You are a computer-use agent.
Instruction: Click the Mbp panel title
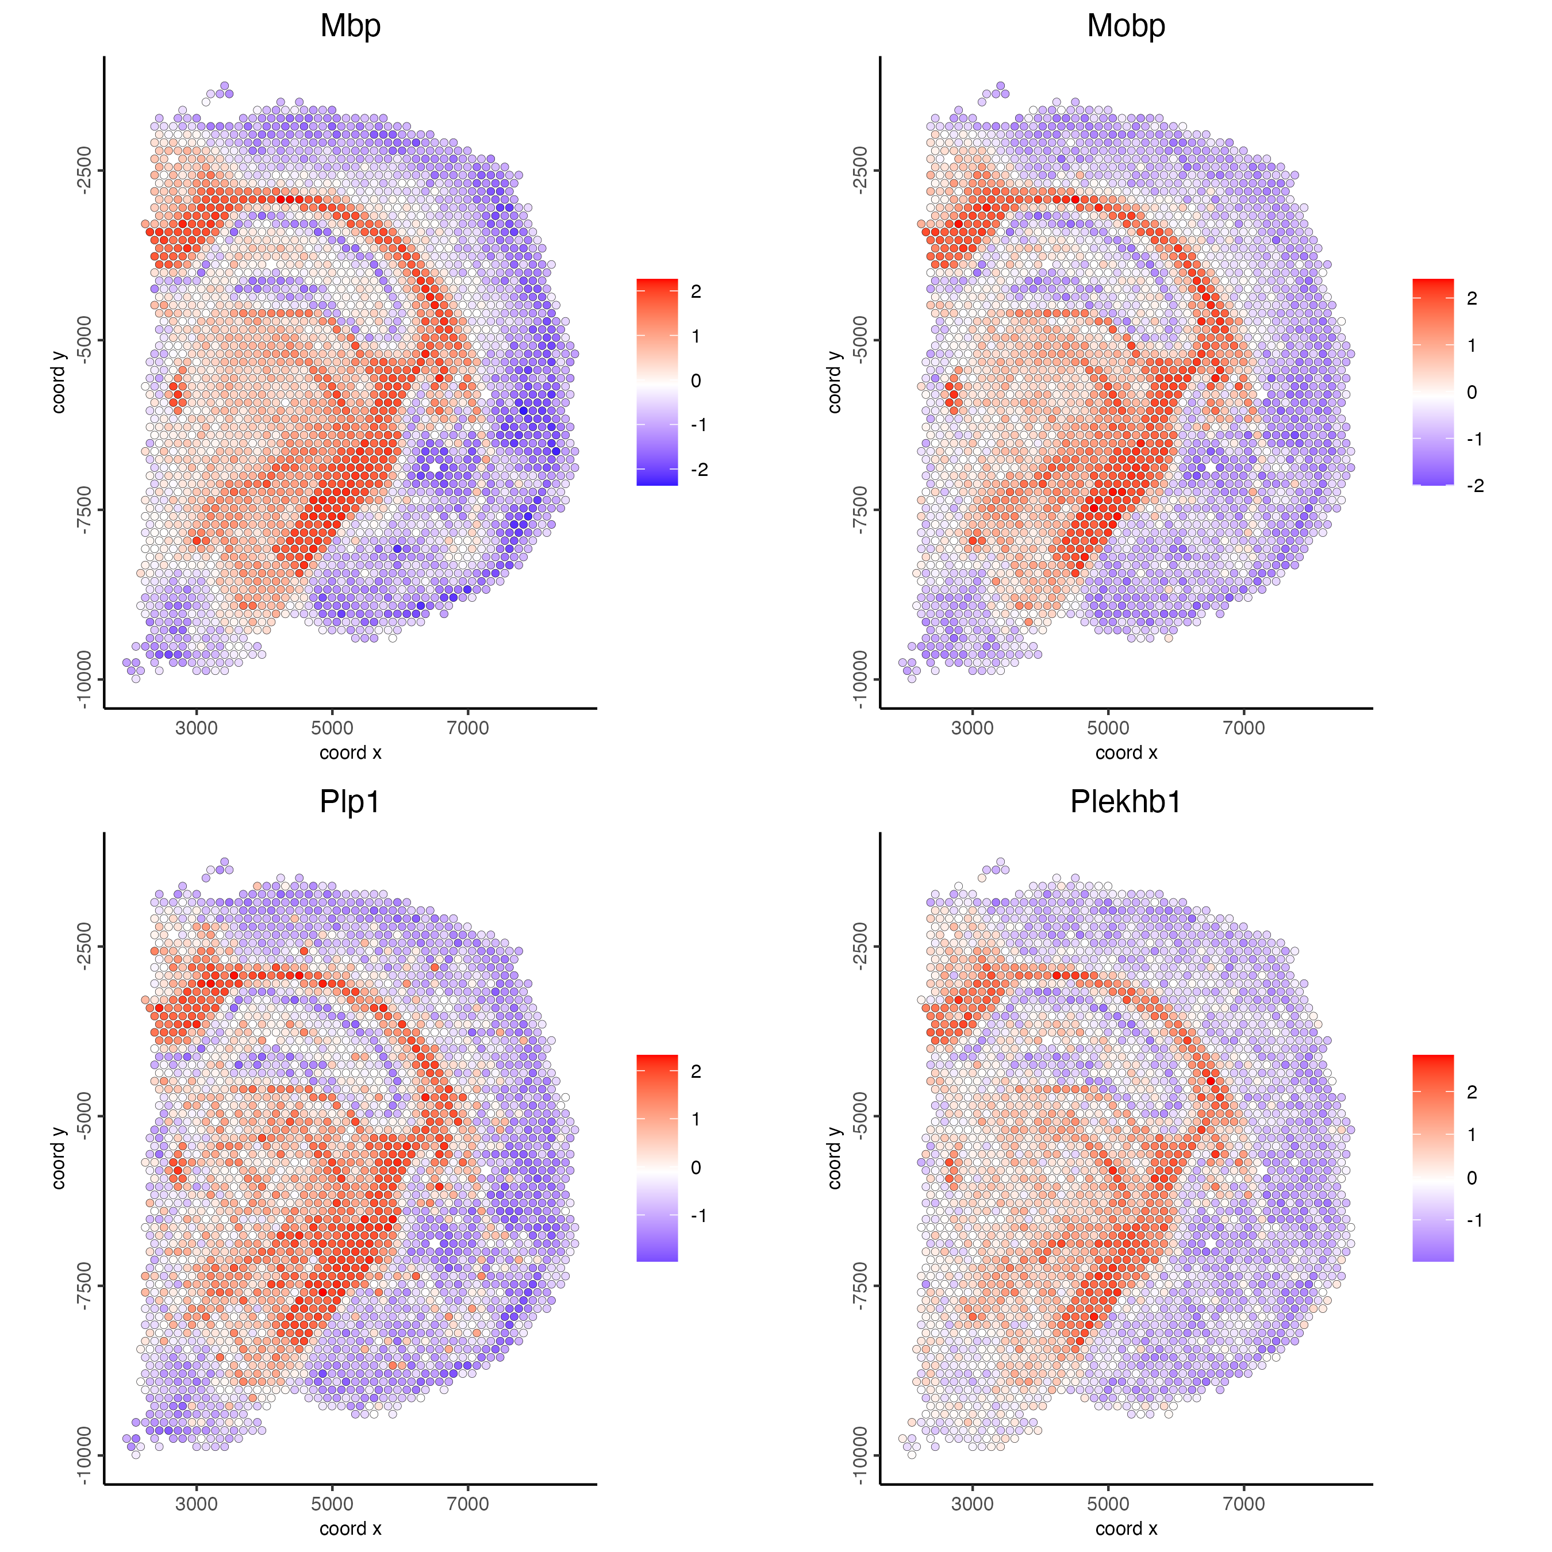coord(350,26)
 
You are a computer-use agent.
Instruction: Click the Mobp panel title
coord(1125,26)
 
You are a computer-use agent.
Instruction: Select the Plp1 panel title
coord(349,802)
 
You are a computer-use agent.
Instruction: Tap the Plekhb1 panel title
coord(1125,802)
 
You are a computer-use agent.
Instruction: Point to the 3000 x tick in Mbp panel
coord(196,728)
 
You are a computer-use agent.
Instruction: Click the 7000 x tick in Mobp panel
coord(1243,728)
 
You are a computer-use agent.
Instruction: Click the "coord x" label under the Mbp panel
coord(350,752)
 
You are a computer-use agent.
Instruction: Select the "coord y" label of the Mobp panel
coord(835,382)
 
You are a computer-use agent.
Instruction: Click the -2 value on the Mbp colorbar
coord(699,470)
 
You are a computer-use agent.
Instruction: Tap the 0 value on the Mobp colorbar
coord(1472,393)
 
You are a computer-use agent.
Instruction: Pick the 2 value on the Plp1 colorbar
coord(696,1071)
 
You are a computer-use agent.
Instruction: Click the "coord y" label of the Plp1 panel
coord(59,1158)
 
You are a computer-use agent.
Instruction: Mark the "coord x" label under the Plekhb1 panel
coord(1126,1528)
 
